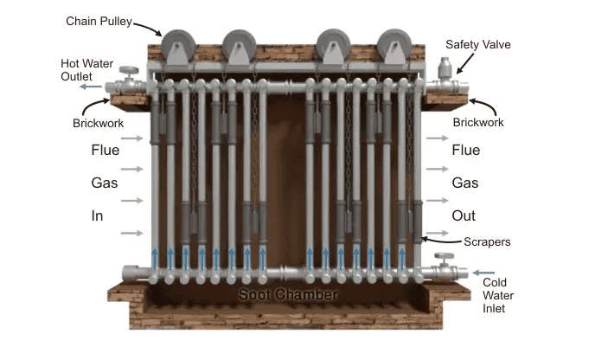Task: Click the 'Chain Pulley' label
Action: coord(97,20)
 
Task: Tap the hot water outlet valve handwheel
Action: coord(130,71)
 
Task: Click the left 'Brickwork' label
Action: coord(98,123)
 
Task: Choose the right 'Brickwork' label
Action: coord(478,123)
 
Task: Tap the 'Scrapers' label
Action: coord(487,242)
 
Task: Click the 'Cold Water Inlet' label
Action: coord(495,295)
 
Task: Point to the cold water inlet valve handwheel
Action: coord(445,258)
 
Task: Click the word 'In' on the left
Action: coord(98,215)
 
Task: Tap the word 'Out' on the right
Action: coord(464,215)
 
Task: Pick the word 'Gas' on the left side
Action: coord(104,183)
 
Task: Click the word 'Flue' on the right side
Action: coord(465,151)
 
